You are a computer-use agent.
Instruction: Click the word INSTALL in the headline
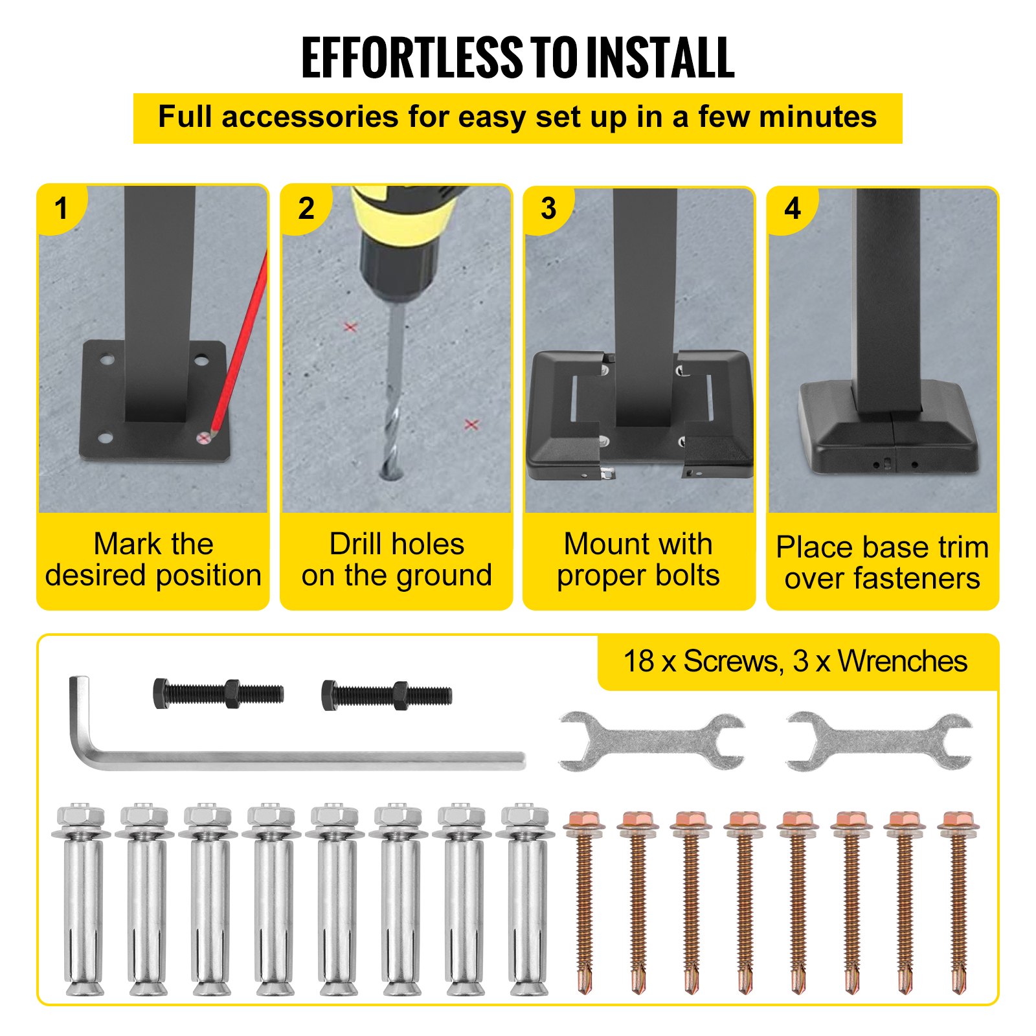[x=660, y=58]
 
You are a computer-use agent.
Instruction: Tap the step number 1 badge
[x=61, y=208]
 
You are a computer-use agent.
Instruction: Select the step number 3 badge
[x=548, y=208]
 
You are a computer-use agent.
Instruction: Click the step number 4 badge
[x=792, y=208]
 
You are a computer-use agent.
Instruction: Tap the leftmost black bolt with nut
[x=218, y=693]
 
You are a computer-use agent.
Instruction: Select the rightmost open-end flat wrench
[x=879, y=741]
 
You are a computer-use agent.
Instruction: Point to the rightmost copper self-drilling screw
[x=958, y=906]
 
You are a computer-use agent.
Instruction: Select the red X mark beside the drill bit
[x=350, y=327]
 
